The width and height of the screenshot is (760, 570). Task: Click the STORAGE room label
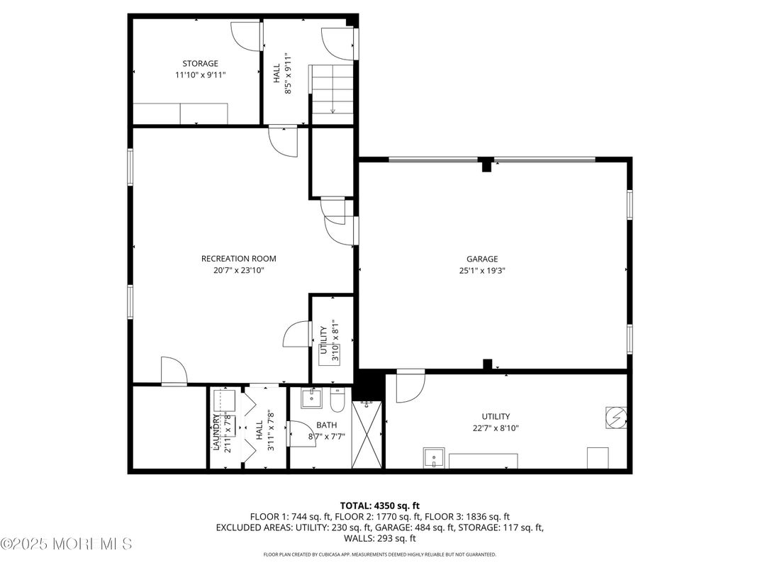[200, 63]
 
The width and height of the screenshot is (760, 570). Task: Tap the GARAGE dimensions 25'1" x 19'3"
[481, 270]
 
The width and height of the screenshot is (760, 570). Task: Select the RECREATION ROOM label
[238, 259]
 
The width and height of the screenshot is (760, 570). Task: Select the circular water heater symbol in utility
[615, 418]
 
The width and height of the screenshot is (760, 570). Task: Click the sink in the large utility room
[434, 458]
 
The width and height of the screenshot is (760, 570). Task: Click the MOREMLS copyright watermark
[67, 544]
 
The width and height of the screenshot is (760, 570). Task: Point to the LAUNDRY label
[216, 432]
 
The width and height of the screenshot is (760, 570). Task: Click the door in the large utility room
[410, 385]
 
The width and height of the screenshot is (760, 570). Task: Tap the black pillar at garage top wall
[486, 164]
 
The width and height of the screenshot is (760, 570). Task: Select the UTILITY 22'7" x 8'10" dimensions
[496, 428]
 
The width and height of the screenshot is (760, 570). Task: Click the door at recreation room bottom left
[173, 371]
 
